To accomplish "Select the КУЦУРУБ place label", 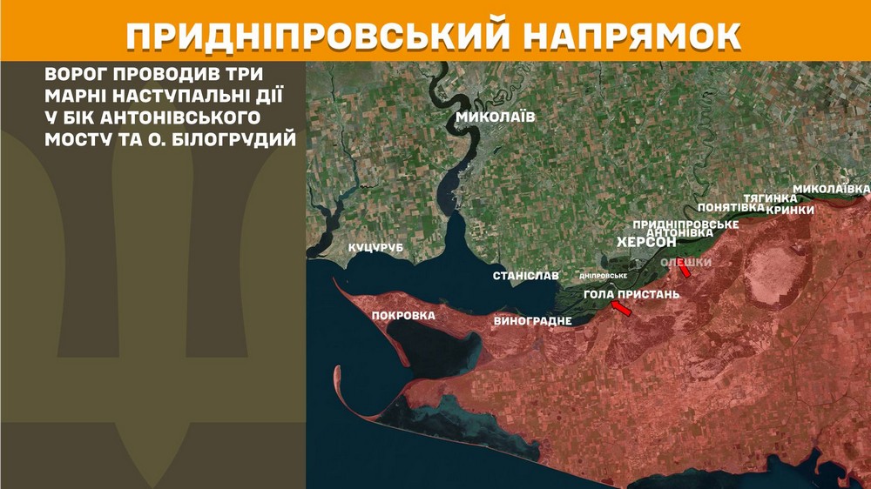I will [x=377, y=249].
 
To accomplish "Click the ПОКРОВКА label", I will [x=403, y=315].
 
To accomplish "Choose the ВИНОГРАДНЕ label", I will [x=532, y=321].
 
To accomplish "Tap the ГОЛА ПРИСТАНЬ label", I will [x=631, y=294].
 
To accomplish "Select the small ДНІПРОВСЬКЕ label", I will [x=604, y=276].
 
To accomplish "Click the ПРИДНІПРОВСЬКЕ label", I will [x=685, y=224].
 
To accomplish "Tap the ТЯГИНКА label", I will [x=770, y=198].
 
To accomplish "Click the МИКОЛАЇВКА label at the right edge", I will [x=831, y=189].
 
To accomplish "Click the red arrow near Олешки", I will [x=684, y=271].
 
